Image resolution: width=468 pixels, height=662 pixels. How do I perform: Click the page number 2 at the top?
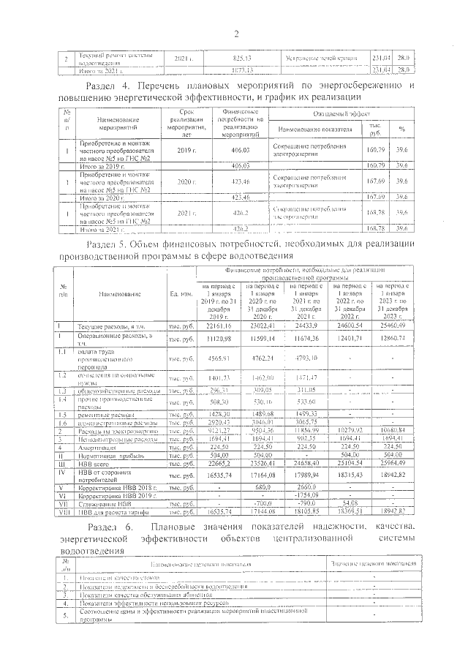coord(236,34)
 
